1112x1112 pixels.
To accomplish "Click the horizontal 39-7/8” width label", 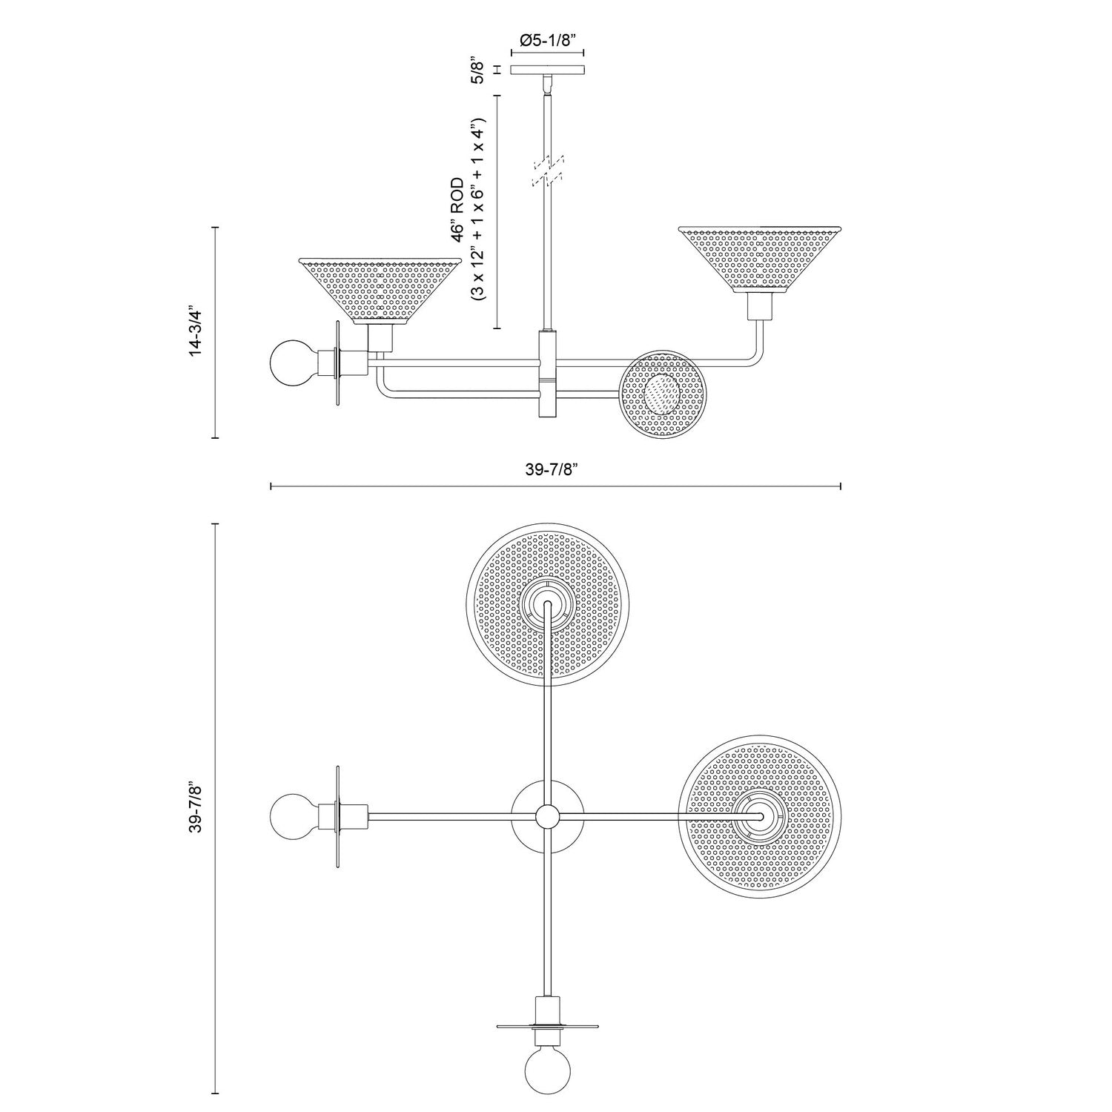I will point(555,469).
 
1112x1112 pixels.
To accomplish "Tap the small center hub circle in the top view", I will point(547,815).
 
